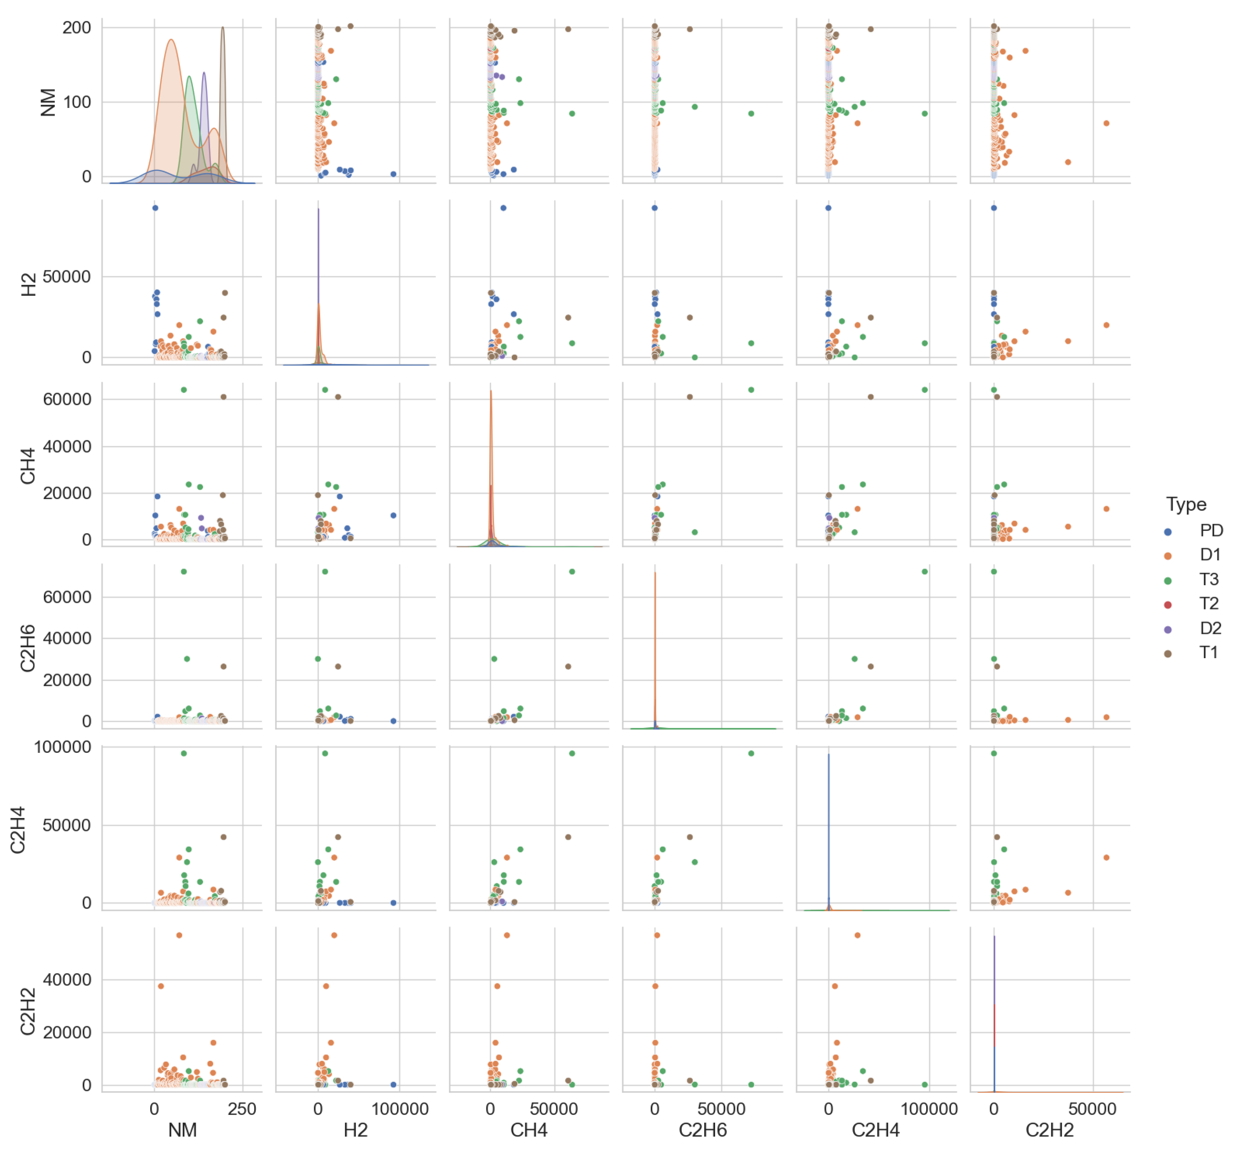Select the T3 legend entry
1208,580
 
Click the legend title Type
1185,504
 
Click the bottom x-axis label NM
182,1130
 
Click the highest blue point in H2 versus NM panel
155,208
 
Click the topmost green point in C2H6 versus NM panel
184,572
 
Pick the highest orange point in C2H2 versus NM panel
179,935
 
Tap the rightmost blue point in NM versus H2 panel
393,174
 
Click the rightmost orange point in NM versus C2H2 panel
1106,123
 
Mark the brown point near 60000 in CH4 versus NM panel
224,397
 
